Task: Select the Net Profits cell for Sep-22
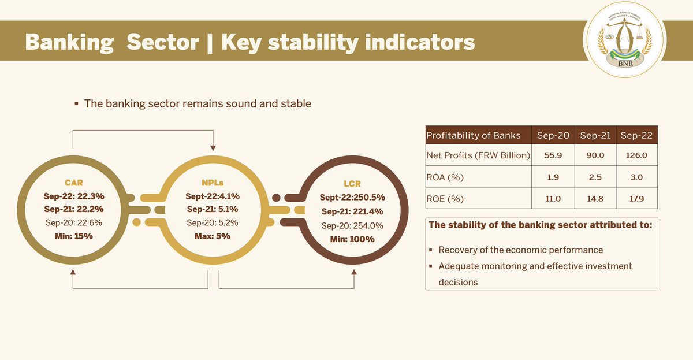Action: point(638,156)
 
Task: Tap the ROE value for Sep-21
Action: point(595,199)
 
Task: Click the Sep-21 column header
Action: point(595,136)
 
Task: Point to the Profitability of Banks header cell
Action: point(474,136)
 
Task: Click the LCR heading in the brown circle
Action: point(352,184)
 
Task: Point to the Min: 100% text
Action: point(352,239)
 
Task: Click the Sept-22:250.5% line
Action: point(352,198)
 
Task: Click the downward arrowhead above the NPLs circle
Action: point(213,149)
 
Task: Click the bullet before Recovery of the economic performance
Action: point(431,251)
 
